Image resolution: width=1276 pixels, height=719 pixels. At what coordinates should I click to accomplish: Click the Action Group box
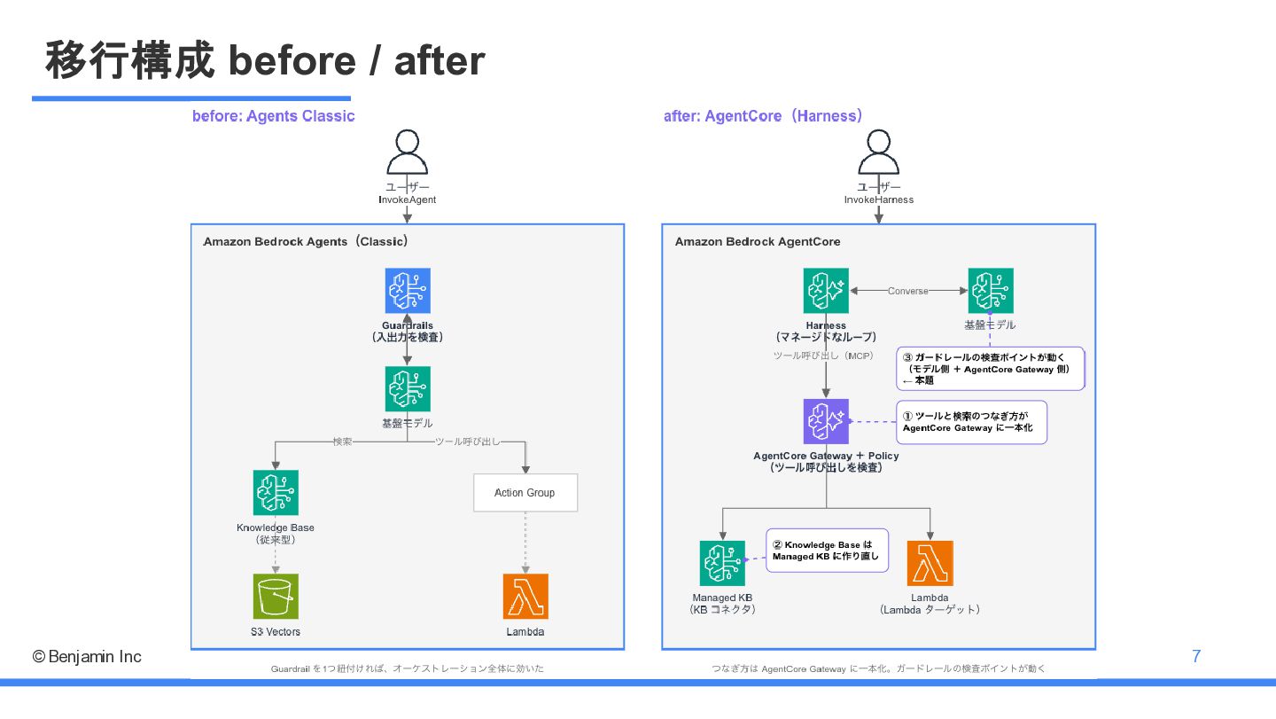525,492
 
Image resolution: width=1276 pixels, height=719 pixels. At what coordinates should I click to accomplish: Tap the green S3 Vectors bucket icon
276,596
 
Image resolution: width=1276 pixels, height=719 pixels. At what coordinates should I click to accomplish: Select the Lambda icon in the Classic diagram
525,596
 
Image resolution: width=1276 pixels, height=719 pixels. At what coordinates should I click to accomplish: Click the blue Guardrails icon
408,291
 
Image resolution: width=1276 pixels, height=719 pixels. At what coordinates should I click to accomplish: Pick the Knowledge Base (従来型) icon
276,492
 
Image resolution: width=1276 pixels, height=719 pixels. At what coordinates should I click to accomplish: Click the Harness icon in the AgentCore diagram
826,291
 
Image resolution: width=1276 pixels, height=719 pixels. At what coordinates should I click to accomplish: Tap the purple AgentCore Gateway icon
826,421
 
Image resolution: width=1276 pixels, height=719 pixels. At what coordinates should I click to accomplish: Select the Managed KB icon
722,563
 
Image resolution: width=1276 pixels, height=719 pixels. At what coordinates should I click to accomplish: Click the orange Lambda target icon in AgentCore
930,563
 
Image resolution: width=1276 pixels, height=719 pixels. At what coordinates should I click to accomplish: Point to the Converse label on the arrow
908,291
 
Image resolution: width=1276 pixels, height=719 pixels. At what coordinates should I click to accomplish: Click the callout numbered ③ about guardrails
990,369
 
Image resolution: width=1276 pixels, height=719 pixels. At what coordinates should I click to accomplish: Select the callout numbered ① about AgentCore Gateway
971,422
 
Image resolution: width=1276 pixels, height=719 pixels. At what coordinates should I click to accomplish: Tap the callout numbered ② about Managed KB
827,551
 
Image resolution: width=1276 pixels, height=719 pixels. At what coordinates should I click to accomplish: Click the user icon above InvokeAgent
408,152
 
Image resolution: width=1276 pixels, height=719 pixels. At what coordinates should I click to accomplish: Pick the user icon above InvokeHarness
878,152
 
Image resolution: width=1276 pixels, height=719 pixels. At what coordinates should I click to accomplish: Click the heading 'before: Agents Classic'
274,115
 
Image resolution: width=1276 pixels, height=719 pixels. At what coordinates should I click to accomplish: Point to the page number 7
1196,656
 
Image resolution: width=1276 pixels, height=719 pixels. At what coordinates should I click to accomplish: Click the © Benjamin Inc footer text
87,656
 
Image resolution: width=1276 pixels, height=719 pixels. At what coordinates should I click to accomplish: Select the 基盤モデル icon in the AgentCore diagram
991,291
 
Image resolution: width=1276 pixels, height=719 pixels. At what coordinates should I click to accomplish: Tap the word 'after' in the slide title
440,60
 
